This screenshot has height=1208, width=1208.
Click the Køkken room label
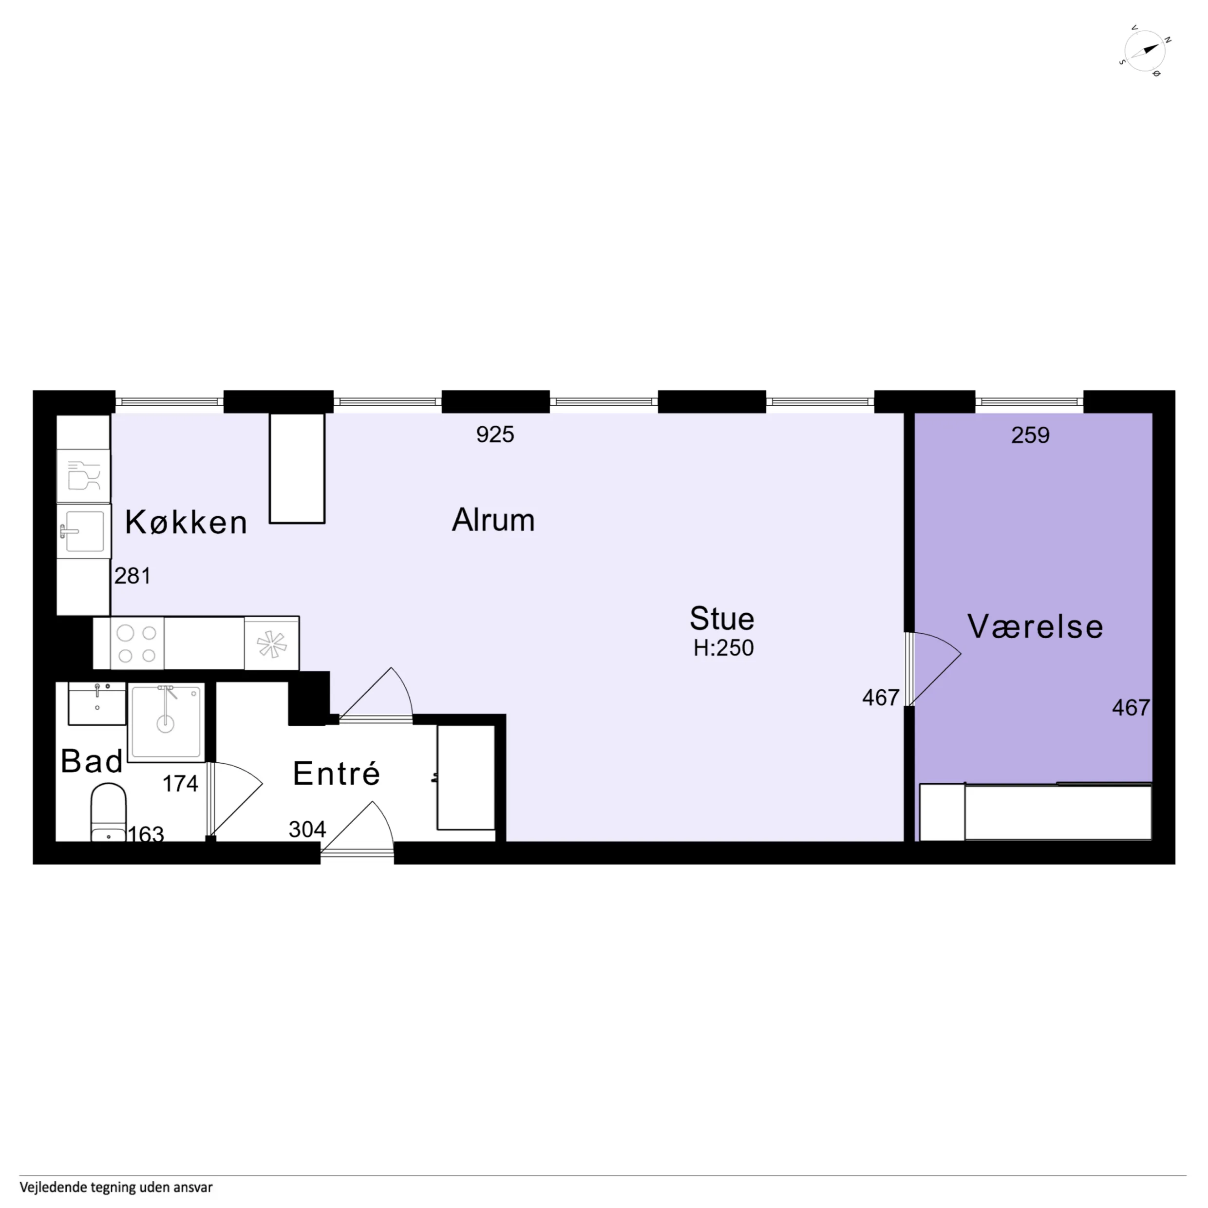click(187, 522)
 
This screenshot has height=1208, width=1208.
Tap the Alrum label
click(493, 520)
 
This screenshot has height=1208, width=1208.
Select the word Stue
click(722, 619)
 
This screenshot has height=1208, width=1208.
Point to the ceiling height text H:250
click(723, 648)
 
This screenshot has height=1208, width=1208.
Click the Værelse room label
click(1036, 626)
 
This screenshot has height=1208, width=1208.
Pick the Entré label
click(337, 774)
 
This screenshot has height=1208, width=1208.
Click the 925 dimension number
click(495, 434)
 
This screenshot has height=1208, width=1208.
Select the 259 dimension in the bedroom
click(1030, 435)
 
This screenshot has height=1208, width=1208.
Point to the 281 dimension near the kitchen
click(132, 576)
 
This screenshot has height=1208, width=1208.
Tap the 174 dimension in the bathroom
click(180, 783)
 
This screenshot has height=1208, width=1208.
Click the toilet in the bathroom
click(109, 813)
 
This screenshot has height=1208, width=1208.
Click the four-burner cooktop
click(137, 643)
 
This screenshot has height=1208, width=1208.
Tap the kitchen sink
click(84, 531)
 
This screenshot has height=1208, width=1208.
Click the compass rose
click(1145, 51)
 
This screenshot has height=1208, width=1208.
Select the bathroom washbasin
click(97, 703)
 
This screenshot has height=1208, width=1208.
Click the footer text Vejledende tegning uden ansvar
click(116, 1187)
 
